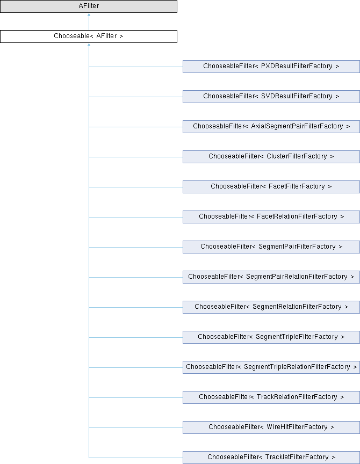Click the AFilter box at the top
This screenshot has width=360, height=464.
pyautogui.click(x=89, y=6)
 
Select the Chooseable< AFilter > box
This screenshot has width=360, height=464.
pyautogui.click(x=89, y=37)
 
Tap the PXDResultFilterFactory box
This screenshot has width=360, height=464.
pyautogui.click(x=271, y=67)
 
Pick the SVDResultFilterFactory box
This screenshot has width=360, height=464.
pyautogui.click(x=271, y=97)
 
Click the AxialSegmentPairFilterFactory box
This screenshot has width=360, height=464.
pyautogui.click(x=271, y=127)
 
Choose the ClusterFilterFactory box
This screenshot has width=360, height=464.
pyautogui.click(x=271, y=157)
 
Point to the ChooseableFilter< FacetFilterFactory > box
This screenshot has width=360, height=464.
pyautogui.click(x=271, y=187)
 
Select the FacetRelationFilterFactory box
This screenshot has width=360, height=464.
pyautogui.click(x=271, y=217)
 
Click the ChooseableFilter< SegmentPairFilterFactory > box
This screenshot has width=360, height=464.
pyautogui.click(x=271, y=247)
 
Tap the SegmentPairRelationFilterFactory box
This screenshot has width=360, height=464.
pyautogui.click(x=271, y=277)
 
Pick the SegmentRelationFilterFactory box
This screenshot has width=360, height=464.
pyautogui.click(x=271, y=307)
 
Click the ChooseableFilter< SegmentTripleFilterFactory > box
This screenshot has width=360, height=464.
pyautogui.click(x=271, y=337)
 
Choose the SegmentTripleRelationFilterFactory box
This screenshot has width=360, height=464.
pyautogui.click(x=271, y=367)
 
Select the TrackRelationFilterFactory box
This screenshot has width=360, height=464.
pyautogui.click(x=271, y=397)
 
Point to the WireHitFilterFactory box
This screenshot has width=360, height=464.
pyautogui.click(x=271, y=427)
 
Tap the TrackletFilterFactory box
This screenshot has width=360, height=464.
pyautogui.click(x=271, y=458)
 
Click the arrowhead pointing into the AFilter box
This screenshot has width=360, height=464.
pyautogui.click(x=89, y=16)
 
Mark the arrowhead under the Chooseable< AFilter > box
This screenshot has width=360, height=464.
pyautogui.click(x=89, y=46)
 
